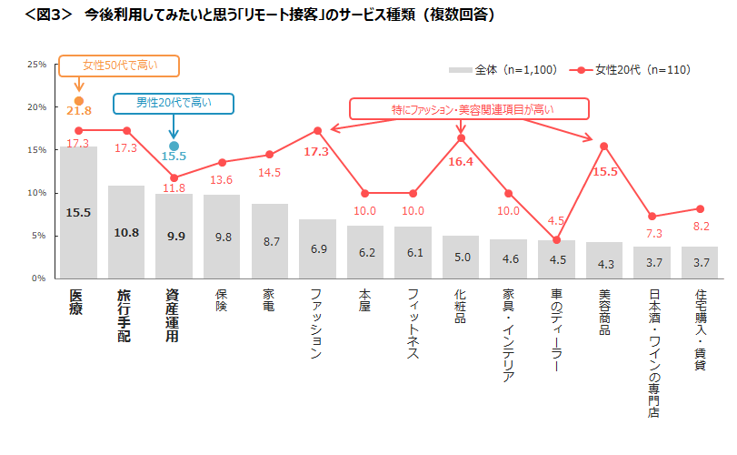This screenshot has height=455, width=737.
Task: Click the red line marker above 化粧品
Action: click(461, 137)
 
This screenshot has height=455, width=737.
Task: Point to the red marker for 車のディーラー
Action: click(556, 239)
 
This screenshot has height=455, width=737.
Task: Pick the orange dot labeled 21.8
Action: click(79, 101)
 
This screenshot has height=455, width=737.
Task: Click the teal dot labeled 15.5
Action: click(174, 146)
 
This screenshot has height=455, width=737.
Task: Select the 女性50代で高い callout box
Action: click(119, 66)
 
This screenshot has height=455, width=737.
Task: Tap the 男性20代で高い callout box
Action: click(174, 103)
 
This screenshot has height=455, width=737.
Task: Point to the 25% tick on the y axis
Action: click(37, 65)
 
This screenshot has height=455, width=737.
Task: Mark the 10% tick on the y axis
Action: click(37, 193)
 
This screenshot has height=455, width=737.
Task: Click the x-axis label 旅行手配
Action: click(125, 315)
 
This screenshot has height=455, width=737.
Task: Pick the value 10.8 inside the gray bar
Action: click(126, 232)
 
